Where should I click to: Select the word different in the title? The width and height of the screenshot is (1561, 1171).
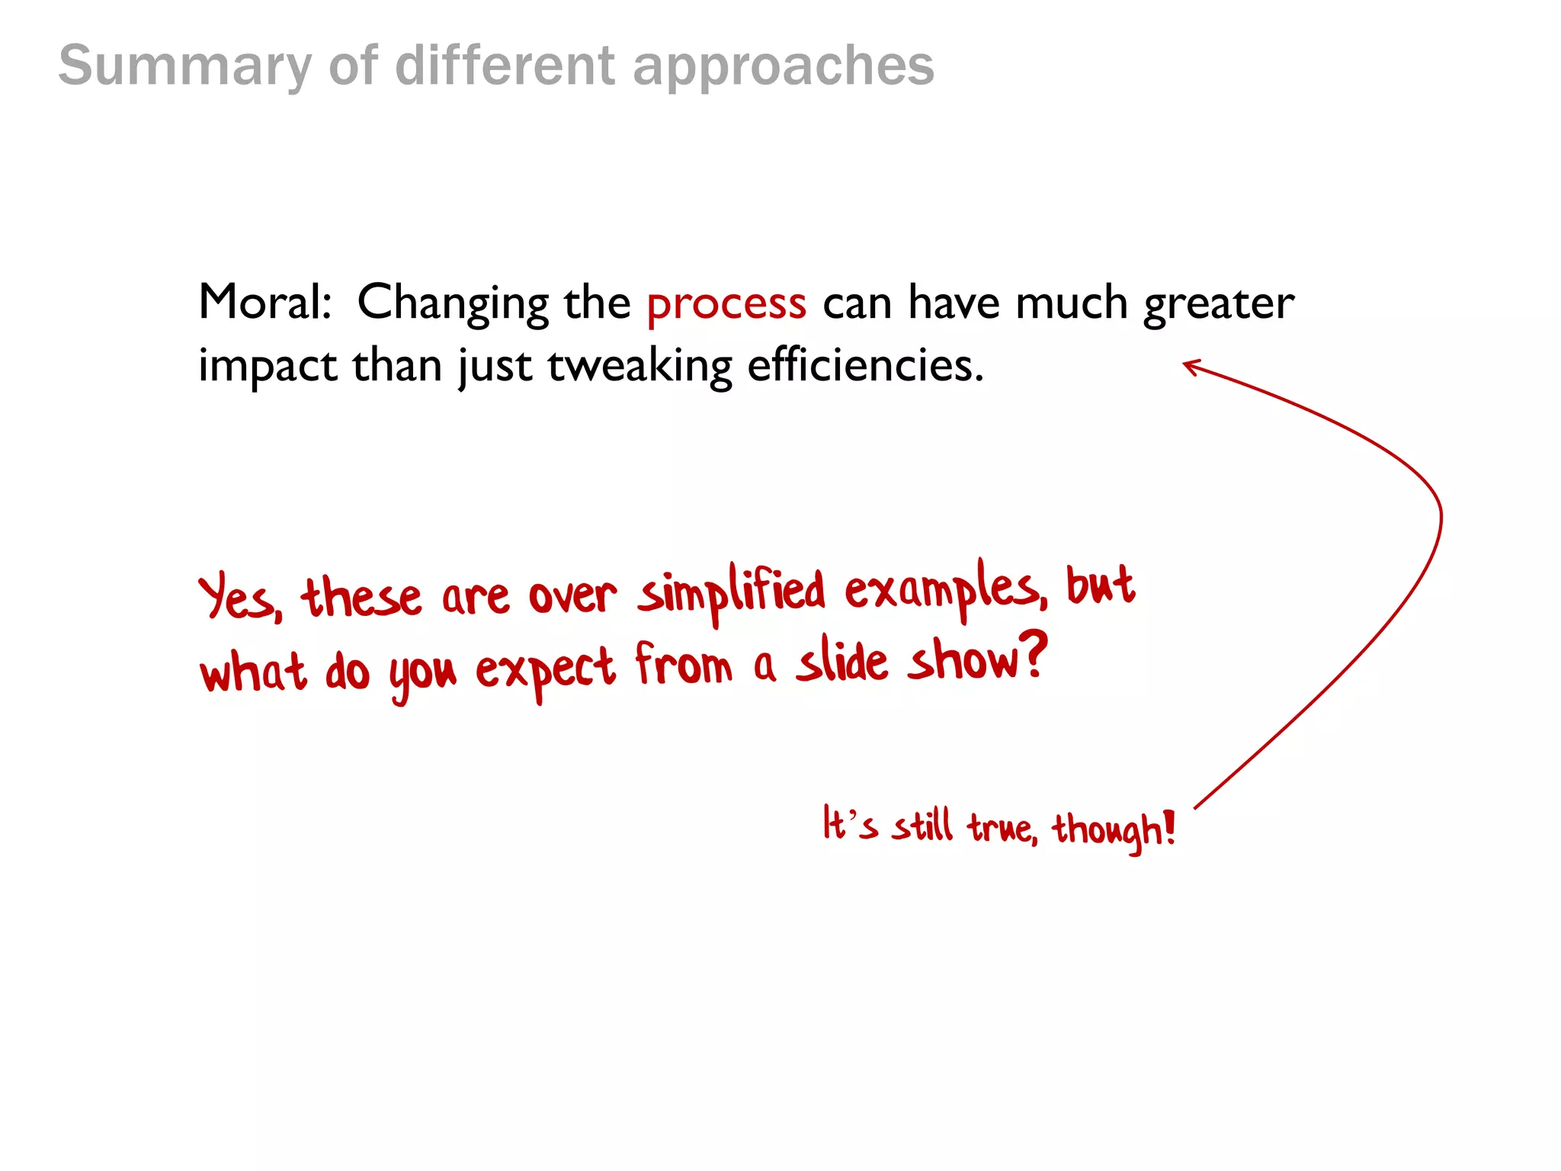point(505,66)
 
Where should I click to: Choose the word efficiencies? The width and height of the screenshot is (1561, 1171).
point(865,366)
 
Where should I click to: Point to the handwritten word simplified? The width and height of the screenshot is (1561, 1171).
point(732,593)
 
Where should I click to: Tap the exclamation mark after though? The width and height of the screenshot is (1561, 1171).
point(1169,827)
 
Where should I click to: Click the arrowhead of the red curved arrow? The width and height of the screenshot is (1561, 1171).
point(1189,366)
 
